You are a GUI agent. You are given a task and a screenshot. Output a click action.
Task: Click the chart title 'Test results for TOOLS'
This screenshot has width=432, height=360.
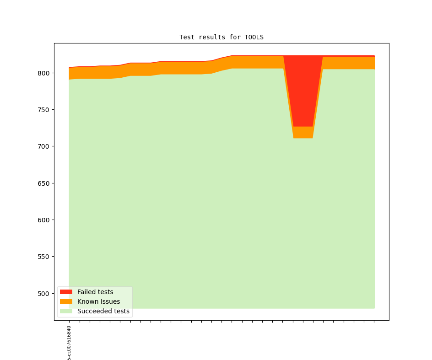click(221, 37)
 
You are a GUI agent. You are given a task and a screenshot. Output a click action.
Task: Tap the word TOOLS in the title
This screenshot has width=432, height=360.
click(254, 37)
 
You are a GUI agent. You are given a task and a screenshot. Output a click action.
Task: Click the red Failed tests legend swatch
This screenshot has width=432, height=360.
click(66, 292)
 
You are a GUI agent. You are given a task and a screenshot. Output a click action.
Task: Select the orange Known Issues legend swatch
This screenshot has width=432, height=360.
click(66, 301)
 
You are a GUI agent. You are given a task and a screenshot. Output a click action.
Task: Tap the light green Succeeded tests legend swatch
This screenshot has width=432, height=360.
click(66, 311)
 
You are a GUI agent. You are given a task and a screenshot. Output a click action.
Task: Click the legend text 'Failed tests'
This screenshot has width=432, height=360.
click(95, 292)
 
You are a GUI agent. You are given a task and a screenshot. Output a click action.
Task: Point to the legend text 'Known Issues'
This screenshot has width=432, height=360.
click(98, 301)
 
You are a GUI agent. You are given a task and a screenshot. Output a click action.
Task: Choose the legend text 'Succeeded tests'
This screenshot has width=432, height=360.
click(103, 311)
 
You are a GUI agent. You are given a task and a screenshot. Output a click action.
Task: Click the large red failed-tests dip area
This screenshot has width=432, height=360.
click(302, 91)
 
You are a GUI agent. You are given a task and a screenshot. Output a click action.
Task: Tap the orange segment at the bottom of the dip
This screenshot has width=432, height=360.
click(303, 132)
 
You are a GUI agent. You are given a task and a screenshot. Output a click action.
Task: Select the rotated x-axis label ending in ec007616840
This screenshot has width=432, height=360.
click(69, 343)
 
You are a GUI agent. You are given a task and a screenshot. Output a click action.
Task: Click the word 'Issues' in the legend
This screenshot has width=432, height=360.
click(109, 301)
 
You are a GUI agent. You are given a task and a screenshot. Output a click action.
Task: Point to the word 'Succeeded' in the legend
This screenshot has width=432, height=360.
click(93, 311)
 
